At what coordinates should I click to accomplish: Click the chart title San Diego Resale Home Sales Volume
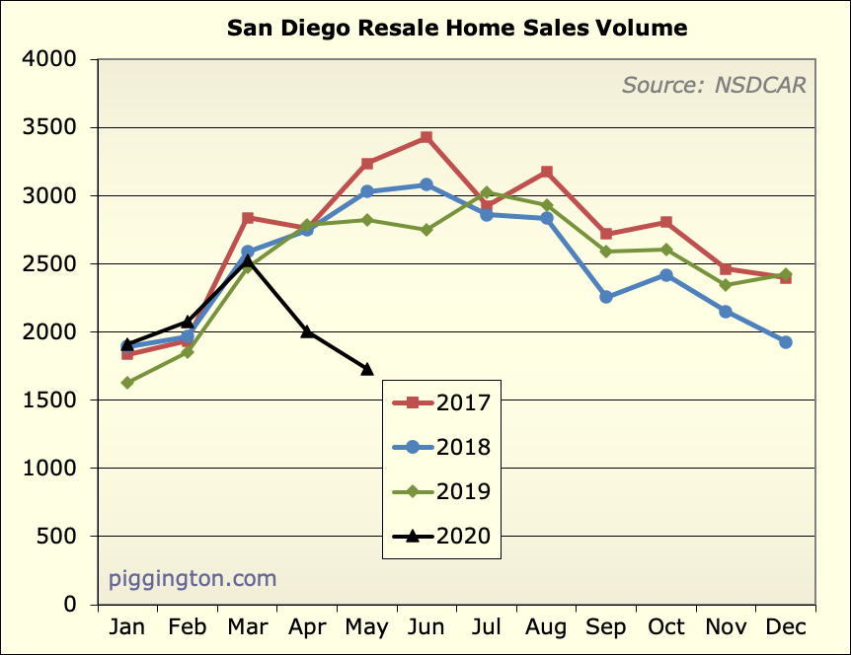point(457,27)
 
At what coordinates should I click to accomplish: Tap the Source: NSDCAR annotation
point(714,85)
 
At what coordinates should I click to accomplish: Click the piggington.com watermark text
point(193,578)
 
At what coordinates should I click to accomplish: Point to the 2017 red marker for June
point(425,137)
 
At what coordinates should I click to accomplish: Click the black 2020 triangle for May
point(367,369)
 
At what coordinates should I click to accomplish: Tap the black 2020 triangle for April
point(307,331)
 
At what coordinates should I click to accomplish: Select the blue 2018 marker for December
point(786,342)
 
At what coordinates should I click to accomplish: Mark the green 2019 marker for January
point(127,383)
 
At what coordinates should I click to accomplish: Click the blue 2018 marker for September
point(606,297)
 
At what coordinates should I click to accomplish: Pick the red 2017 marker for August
point(546,172)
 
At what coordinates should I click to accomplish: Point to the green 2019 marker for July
point(486,192)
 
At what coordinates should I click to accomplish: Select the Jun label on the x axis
point(425,627)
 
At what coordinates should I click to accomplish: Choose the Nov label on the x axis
point(726,627)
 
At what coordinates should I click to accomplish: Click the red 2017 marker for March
point(247,218)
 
